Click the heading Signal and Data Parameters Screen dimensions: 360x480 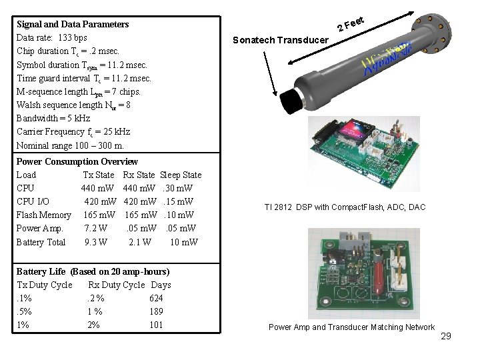pos(73,24)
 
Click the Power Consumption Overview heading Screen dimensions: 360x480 pos(77,161)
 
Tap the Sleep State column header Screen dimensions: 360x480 pos(181,175)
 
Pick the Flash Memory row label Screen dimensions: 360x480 pos(43,215)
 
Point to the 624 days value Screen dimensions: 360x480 pos(157,298)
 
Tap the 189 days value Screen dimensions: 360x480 pos(157,311)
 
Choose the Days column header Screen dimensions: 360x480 pos(161,285)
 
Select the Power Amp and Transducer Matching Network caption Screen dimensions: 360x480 pos(351,327)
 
